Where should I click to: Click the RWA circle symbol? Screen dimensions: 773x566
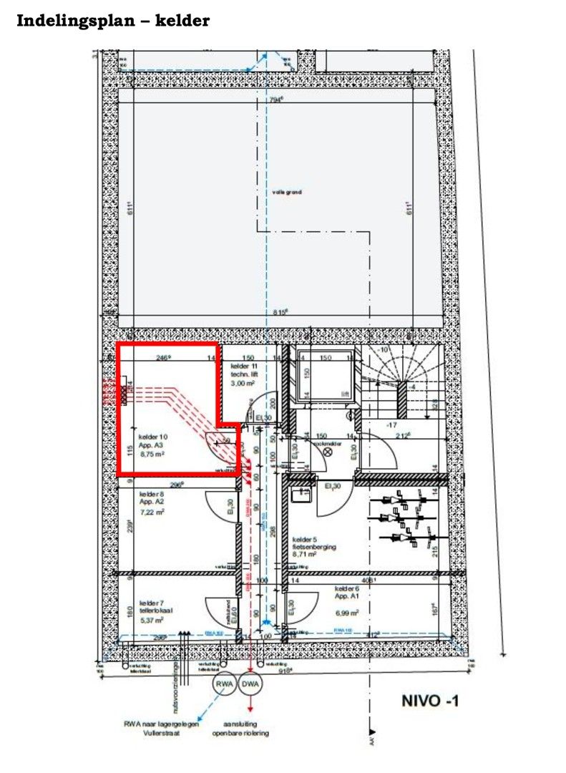pos(225,684)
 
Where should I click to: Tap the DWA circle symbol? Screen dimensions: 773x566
pos(250,684)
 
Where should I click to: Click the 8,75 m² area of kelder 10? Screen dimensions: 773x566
pos(152,454)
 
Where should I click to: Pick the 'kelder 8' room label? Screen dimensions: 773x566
pos(152,495)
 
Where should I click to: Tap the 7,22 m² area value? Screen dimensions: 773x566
pos(152,512)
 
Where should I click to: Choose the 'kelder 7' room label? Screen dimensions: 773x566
pos(152,602)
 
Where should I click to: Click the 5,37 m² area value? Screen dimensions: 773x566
pos(152,620)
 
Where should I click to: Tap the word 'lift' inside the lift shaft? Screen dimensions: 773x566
pos(345,394)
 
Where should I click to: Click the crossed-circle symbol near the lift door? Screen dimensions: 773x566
pos(328,452)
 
